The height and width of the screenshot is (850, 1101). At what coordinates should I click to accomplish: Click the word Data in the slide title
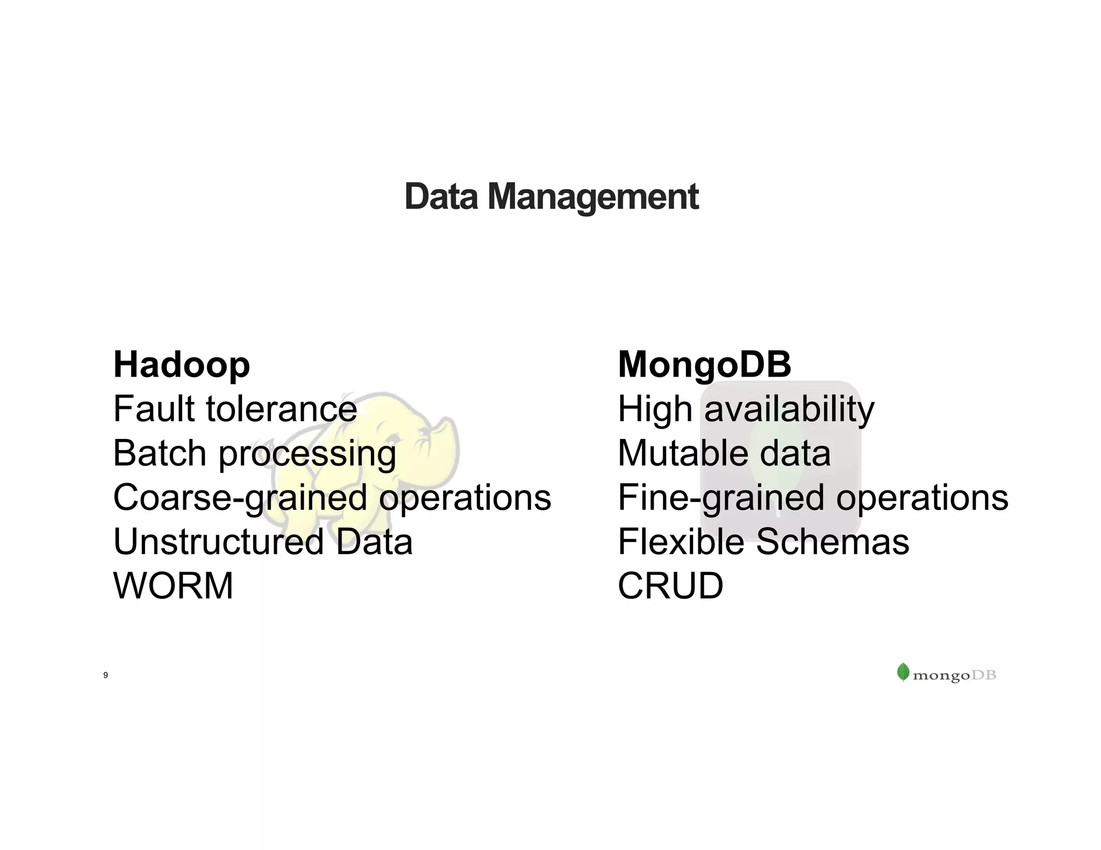tap(441, 197)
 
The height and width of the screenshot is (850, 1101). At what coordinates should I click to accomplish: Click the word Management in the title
tap(592, 198)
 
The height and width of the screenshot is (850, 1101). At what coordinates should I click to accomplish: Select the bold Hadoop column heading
tap(182, 365)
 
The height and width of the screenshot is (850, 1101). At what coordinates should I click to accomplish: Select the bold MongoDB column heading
tap(704, 365)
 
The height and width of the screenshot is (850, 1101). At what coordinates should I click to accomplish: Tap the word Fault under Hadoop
tap(153, 409)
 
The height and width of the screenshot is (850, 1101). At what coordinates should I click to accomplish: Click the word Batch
tap(160, 453)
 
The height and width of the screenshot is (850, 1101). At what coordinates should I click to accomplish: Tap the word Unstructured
tap(218, 542)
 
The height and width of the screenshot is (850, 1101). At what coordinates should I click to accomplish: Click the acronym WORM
tap(173, 586)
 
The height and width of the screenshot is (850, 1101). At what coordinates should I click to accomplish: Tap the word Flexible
tap(681, 542)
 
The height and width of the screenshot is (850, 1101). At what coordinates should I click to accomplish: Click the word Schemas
tap(833, 542)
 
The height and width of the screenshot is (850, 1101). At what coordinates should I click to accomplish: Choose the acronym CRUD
tap(670, 586)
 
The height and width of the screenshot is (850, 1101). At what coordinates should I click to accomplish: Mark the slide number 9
tap(105, 675)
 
